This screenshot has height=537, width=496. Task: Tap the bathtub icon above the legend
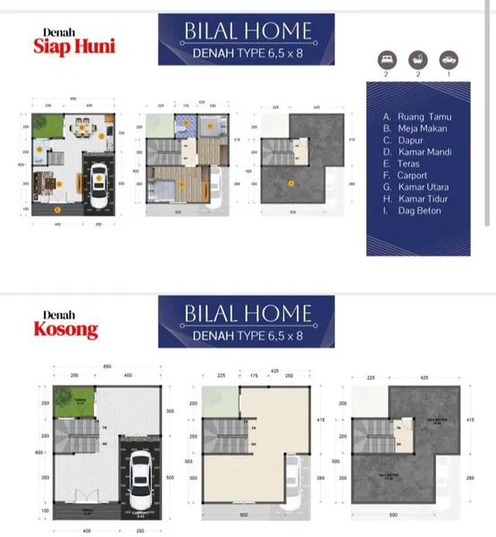pyautogui.click(x=418, y=60)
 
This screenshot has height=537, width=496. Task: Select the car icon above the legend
pyautogui.click(x=447, y=60)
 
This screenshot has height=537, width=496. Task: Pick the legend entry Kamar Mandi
pyautogui.click(x=418, y=152)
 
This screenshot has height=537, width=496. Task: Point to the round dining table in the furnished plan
pyautogui.click(x=81, y=128)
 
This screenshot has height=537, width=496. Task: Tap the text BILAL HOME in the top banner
pyautogui.click(x=247, y=31)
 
